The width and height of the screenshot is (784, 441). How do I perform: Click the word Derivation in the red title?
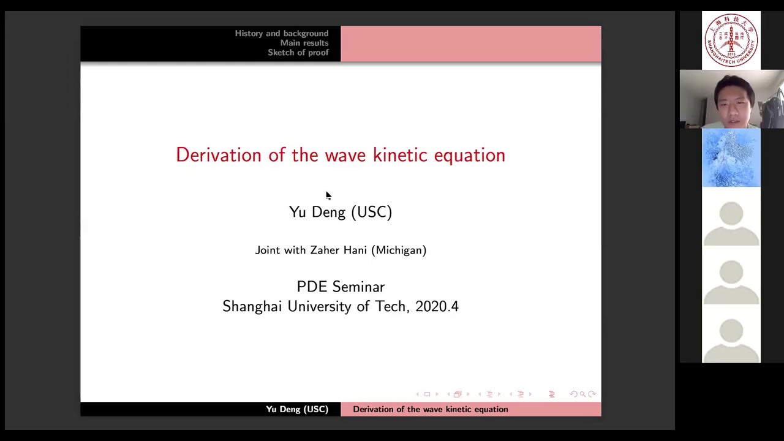pos(219,155)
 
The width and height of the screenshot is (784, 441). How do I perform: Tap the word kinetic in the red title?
pos(400,155)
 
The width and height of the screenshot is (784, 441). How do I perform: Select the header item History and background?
pos(281,33)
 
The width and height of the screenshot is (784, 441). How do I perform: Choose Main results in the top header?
pos(304,43)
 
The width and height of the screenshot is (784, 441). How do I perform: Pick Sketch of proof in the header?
pos(298,53)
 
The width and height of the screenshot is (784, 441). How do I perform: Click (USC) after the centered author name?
pos(371,212)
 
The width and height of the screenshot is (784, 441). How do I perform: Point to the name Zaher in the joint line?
pos(324,250)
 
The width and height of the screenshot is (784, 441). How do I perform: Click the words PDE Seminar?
pos(341,287)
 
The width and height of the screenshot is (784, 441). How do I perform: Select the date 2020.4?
pos(437,306)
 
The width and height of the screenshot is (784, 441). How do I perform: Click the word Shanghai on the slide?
pos(252,306)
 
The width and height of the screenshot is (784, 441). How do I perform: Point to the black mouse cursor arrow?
pos(328,195)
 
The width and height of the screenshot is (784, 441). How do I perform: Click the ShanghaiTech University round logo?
pos(731,40)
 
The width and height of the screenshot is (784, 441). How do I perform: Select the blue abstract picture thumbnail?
pos(731,158)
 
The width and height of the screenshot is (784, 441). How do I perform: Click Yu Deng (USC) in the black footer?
pos(297,409)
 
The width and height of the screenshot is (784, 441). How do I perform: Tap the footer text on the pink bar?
pos(430,409)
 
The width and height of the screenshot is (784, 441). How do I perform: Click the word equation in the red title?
pos(469,155)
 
